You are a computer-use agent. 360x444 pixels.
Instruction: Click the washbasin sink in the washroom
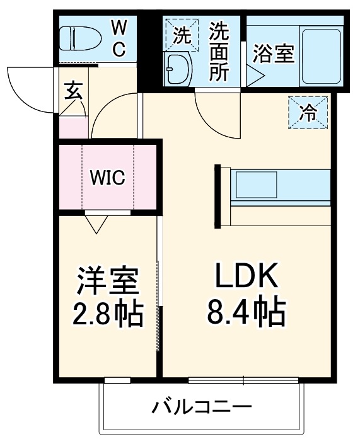pos(179,69)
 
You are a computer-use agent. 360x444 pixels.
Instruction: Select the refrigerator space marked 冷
pos(308,113)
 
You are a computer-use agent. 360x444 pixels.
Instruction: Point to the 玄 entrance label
pos(71,92)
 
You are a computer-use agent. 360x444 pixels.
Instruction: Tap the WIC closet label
pos(107,178)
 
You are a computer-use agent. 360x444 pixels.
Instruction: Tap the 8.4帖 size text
pos(246,311)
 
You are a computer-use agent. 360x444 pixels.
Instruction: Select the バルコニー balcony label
pos(202,407)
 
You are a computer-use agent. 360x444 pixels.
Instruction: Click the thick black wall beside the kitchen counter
pos(218,195)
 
